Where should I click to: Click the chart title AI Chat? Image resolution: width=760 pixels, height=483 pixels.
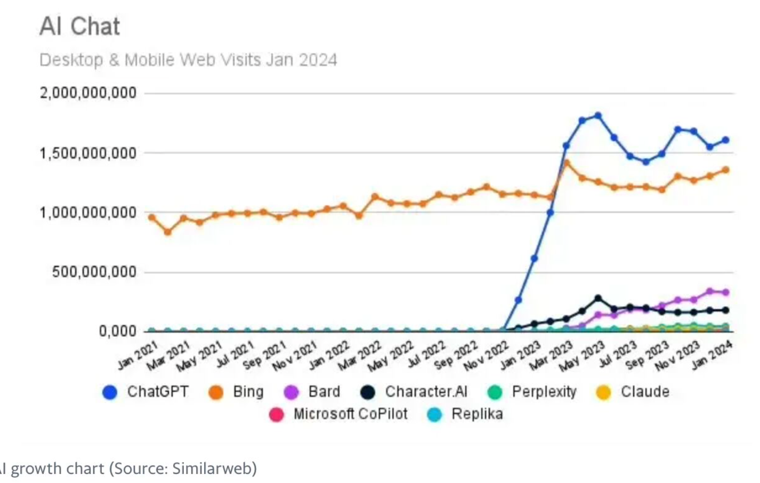(80, 26)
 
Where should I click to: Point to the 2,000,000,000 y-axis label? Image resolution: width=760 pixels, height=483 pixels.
(88, 93)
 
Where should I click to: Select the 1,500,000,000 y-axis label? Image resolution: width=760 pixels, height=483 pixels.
(88, 153)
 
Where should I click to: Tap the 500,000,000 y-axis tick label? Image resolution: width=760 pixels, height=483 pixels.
(94, 272)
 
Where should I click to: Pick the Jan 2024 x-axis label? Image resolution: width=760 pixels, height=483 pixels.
(712, 356)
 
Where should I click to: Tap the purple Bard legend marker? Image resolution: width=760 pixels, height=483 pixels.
(291, 393)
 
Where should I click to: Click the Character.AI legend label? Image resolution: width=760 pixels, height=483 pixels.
(426, 392)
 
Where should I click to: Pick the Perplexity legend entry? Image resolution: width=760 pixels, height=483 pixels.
(544, 392)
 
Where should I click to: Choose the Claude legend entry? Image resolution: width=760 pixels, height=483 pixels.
(644, 392)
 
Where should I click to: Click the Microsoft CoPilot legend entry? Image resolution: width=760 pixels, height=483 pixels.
(350, 414)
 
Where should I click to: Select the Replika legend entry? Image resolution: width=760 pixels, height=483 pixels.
(476, 414)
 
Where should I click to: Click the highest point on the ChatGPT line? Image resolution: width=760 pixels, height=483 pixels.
(598, 116)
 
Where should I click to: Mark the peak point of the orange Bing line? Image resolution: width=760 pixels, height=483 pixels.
(567, 163)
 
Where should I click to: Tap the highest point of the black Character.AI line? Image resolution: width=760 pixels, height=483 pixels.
(598, 299)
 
